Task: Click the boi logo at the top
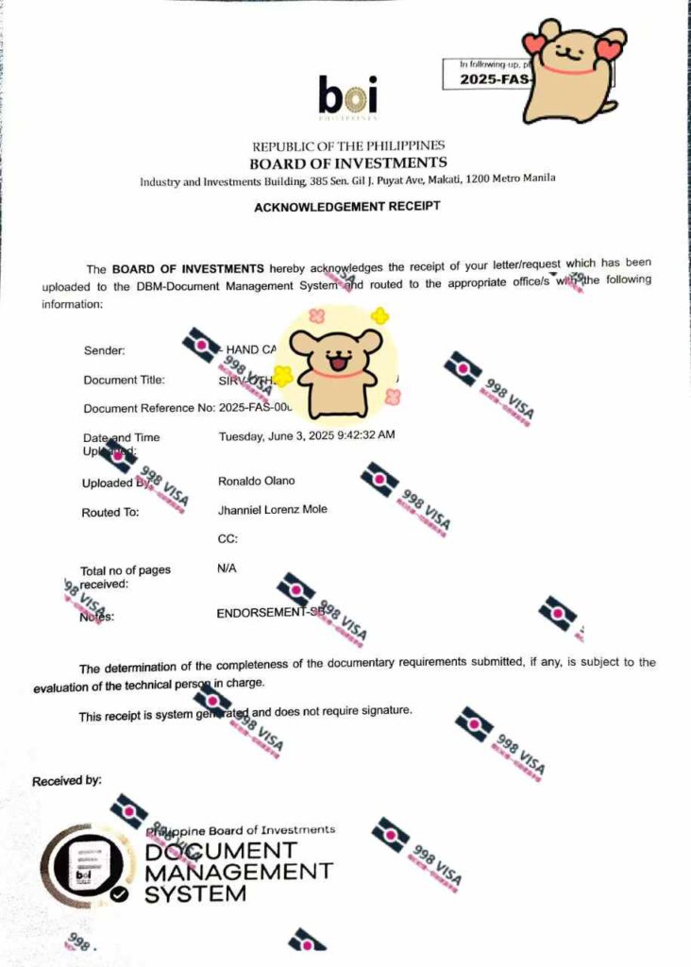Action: (347, 97)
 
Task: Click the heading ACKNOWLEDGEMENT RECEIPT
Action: (346, 206)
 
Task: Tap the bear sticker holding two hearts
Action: (572, 72)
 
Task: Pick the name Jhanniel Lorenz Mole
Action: (273, 510)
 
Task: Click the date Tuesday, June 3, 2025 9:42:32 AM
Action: (307, 435)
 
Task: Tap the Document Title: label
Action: (124, 380)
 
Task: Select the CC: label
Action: (228, 539)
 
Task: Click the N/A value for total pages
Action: (227, 568)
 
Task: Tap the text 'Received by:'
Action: (67, 781)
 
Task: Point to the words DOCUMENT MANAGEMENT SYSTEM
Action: (238, 871)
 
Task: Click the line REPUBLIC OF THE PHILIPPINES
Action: (347, 146)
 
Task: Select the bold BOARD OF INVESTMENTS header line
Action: (347, 162)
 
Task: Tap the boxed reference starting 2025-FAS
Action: (483, 79)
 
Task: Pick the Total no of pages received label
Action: (125, 577)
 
